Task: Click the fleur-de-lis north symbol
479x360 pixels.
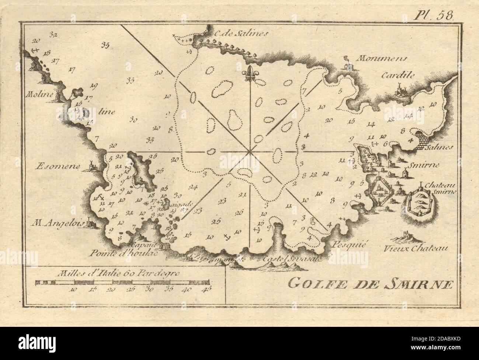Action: coord(251,74)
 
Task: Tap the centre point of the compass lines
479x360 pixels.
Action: coord(250,151)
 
